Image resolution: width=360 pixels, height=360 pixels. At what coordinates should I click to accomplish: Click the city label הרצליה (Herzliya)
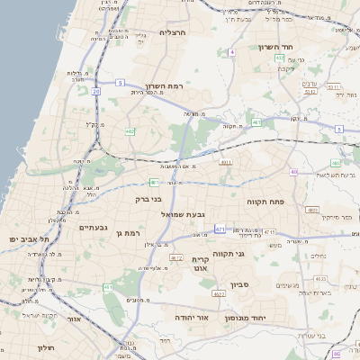[x=172, y=32]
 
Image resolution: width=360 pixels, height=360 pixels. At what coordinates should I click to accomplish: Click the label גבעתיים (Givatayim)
[x=88, y=228]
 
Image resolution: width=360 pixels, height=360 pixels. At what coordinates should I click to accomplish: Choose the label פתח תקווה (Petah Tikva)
[x=266, y=202]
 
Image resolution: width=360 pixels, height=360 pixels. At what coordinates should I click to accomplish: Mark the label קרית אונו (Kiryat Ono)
[x=200, y=264]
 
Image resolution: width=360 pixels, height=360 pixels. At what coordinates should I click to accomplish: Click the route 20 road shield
[x=95, y=91]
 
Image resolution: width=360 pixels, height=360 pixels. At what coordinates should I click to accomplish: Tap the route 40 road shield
[x=293, y=171]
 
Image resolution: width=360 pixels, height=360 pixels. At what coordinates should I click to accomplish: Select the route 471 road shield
[x=220, y=229]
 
